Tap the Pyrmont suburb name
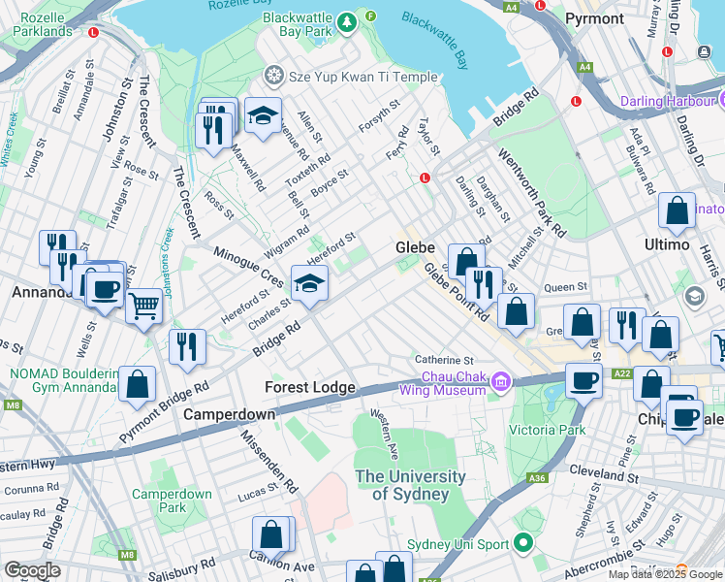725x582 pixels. (x=594, y=18)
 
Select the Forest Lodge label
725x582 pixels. (x=310, y=387)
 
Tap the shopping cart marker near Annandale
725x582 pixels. (x=144, y=307)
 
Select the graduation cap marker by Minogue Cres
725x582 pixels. (x=310, y=284)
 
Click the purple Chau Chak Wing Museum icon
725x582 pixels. (x=501, y=381)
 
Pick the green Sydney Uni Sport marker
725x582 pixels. (x=524, y=543)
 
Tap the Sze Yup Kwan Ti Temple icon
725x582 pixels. (x=274, y=75)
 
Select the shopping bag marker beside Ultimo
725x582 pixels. (x=677, y=212)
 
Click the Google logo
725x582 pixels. (x=32, y=570)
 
